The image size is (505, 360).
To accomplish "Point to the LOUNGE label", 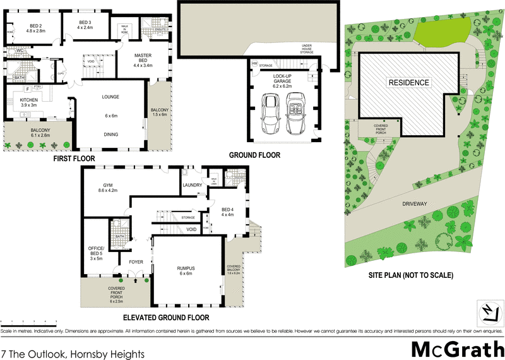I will click(111, 97).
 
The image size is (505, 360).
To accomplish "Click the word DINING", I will click(111, 134).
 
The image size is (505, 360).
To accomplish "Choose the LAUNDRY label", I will click(191, 185).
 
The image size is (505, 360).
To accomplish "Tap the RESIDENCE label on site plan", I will click(408, 83).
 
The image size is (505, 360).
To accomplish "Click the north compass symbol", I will click(487, 311).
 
